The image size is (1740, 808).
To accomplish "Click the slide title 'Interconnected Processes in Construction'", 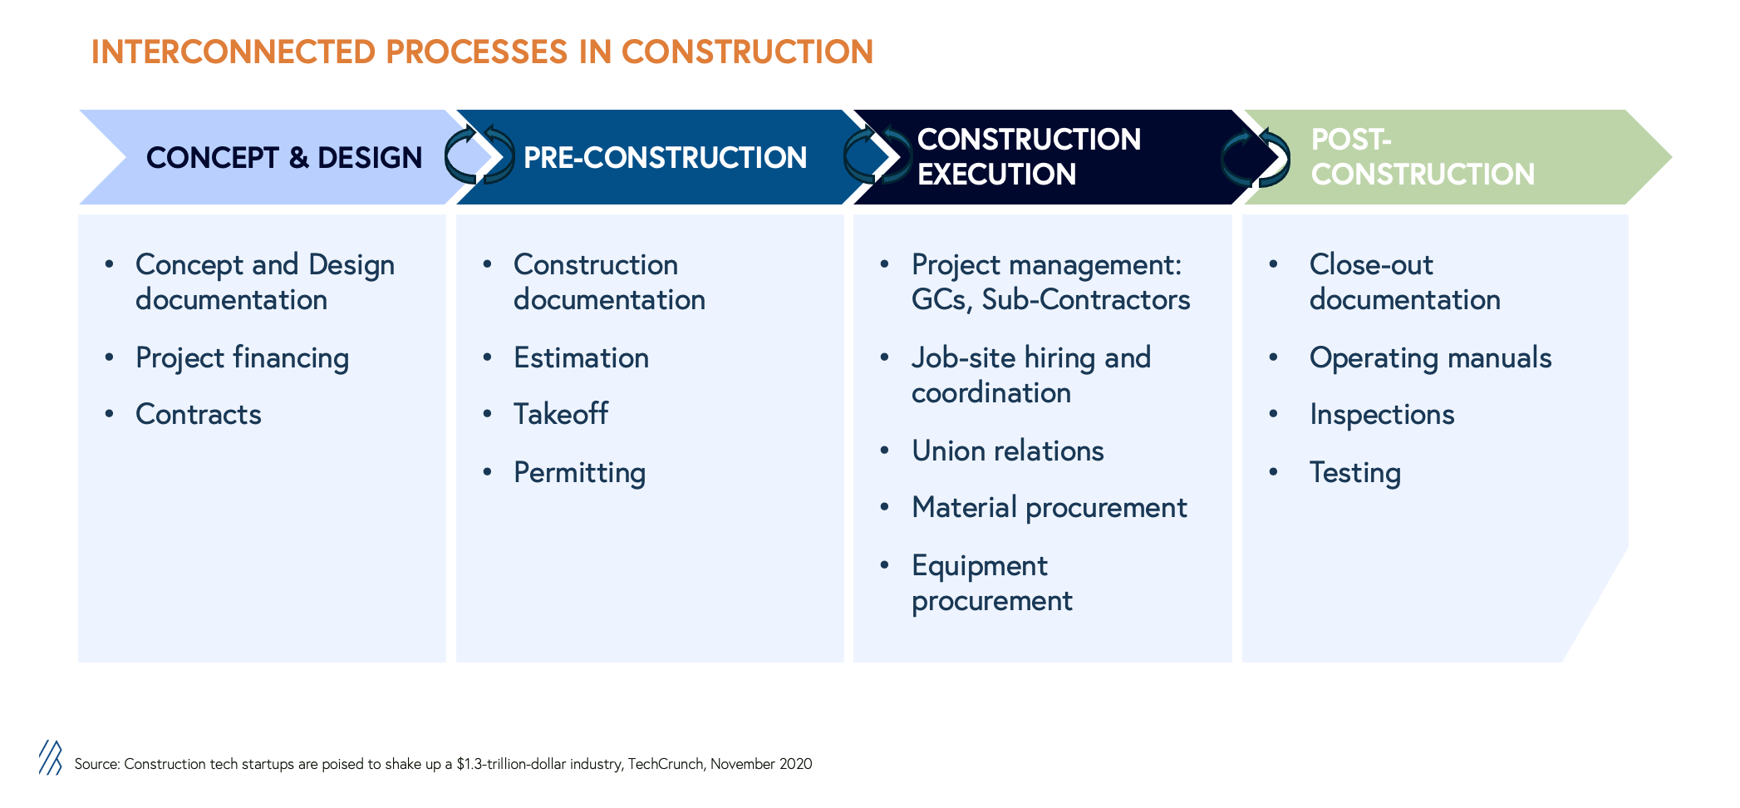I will (x=482, y=52).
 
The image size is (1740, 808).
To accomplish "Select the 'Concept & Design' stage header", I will (x=284, y=157).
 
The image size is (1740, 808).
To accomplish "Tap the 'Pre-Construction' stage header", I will (x=665, y=157).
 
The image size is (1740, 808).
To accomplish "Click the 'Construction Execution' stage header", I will (x=1029, y=156).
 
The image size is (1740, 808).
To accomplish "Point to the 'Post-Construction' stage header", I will (x=1423, y=156).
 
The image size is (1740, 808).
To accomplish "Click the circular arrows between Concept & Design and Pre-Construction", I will (x=479, y=155).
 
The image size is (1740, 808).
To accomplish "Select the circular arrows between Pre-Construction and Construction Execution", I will (x=877, y=155).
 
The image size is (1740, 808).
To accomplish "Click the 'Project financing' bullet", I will (x=242, y=358).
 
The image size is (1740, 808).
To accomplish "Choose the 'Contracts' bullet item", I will (x=199, y=414).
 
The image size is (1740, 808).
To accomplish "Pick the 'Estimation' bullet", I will (x=581, y=358).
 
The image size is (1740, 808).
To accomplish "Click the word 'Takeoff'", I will (x=561, y=414).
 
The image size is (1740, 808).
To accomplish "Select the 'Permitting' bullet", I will (x=579, y=473).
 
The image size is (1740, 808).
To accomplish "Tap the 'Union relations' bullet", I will (x=1007, y=451).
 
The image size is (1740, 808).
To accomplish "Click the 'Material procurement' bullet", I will (x=1049, y=508).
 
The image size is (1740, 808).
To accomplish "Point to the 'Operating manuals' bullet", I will (x=1430, y=358).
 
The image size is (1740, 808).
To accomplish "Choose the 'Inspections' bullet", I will (x=1382, y=414).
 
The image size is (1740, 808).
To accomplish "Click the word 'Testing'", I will (x=1354, y=473).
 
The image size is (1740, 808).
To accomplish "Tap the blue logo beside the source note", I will (x=51, y=757).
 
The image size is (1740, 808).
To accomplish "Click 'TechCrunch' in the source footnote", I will (x=665, y=764).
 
